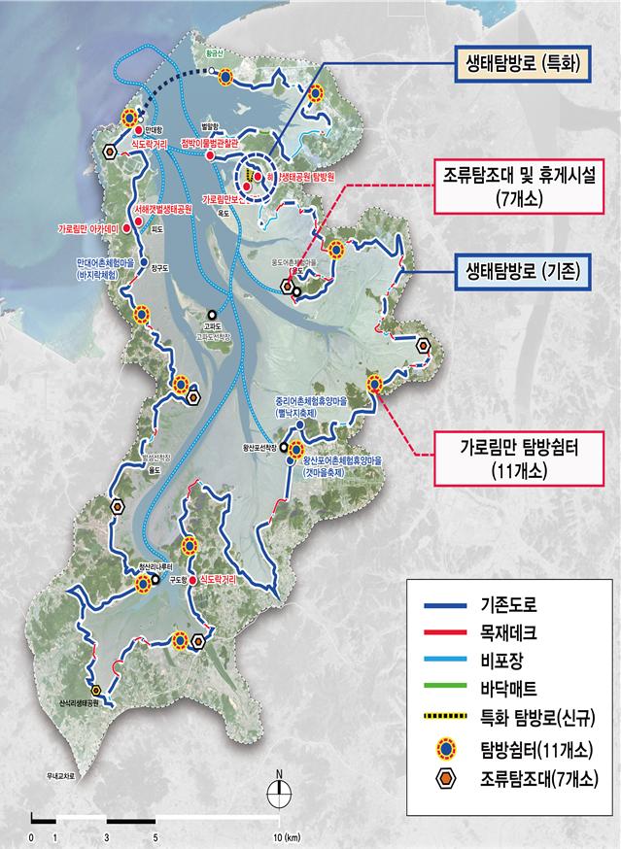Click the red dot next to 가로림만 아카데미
coord(138,222)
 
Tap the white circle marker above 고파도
coord(211,314)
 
